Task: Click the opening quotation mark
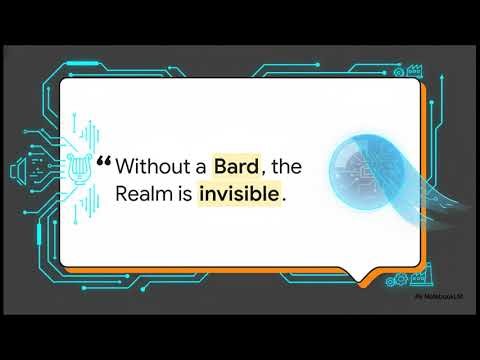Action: coord(105,160)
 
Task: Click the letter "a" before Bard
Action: coord(201,165)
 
